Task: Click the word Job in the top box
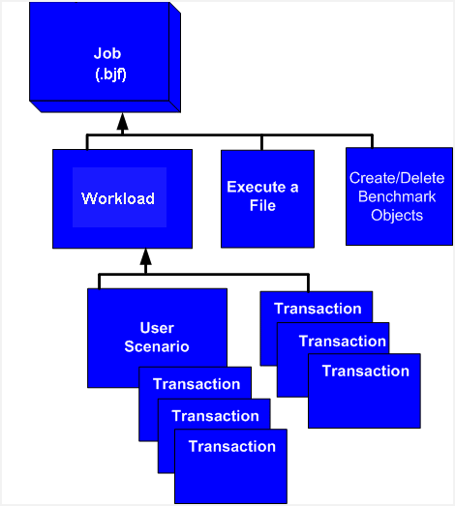[x=107, y=53]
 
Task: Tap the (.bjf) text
[x=110, y=74]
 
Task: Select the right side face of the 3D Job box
[x=174, y=57]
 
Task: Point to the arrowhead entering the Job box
[x=122, y=123]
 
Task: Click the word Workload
[x=118, y=198]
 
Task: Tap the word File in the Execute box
[x=262, y=205]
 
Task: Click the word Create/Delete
[x=397, y=178]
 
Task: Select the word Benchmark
[x=397, y=196]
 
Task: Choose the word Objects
[x=397, y=215]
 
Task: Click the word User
[x=157, y=328]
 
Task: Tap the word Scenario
[x=157, y=346]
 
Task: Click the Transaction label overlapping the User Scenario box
[x=197, y=384]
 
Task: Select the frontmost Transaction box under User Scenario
[x=230, y=466]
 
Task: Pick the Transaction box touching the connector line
[x=317, y=328]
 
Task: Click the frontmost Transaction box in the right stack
[x=364, y=391]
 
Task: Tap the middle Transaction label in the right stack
[x=343, y=342]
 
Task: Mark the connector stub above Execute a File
[x=261, y=142]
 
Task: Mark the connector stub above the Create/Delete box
[x=372, y=141]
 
